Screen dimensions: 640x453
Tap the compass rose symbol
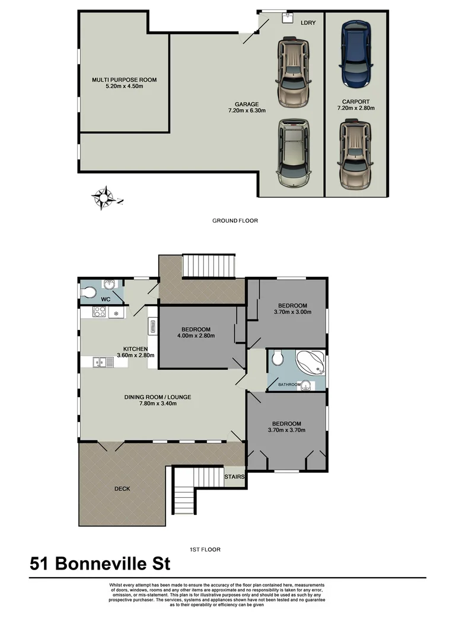105,197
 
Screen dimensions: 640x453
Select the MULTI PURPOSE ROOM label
124,79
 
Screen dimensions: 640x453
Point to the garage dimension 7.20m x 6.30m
247,110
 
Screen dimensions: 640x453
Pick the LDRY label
308,23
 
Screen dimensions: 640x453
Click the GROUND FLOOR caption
235,220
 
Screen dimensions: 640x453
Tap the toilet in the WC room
89,292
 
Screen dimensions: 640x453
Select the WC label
105,300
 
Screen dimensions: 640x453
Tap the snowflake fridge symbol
116,313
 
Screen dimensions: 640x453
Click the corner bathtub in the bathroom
310,363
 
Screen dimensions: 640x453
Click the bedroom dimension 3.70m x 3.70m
287,430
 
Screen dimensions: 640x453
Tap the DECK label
122,489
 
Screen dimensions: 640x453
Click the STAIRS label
234,476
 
